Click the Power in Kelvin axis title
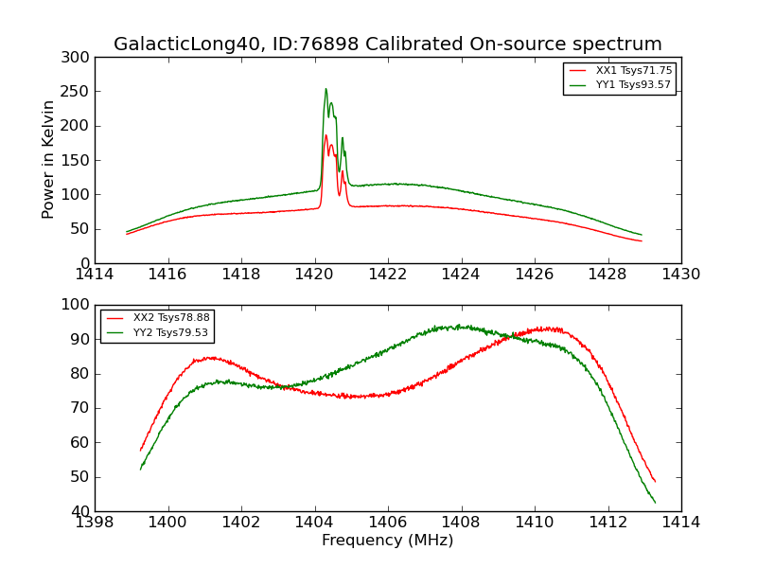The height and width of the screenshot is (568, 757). [49, 160]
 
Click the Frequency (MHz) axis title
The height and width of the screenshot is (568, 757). [387, 541]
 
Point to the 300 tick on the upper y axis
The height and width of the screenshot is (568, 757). [79, 58]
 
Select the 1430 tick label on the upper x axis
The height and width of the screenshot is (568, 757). [681, 275]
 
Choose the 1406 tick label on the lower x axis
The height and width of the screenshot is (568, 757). [388, 523]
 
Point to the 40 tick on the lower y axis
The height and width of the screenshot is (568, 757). [83, 511]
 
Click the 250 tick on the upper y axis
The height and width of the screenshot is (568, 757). [79, 92]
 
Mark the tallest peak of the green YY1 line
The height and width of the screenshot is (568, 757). [326, 89]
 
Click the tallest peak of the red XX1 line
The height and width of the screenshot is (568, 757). [326, 134]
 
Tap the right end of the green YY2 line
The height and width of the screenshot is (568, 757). [655, 503]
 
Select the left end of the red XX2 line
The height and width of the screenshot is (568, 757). [140, 451]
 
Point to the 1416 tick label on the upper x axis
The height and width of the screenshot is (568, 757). [167, 275]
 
